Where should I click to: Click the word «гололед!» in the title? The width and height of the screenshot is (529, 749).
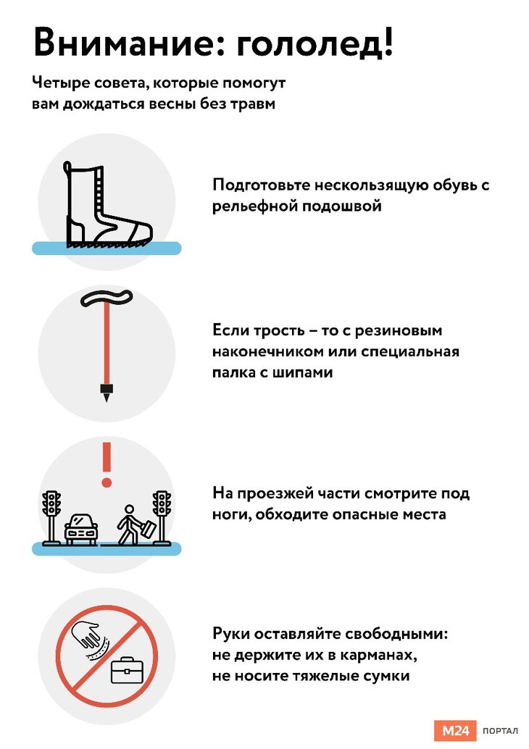tap(315, 43)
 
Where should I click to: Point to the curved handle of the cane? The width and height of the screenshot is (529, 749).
tap(106, 298)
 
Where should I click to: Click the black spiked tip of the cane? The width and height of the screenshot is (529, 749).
tap(107, 392)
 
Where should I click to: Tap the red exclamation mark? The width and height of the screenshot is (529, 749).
tap(107, 464)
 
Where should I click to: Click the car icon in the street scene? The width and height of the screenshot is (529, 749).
tap(80, 530)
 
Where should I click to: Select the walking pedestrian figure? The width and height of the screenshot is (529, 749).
tap(136, 524)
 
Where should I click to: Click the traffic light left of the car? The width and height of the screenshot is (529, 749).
tap(51, 517)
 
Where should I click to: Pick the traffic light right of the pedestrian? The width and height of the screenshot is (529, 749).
tap(162, 517)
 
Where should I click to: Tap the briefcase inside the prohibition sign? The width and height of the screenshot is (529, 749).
tap(127, 670)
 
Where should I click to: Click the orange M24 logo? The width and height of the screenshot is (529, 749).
tap(455, 730)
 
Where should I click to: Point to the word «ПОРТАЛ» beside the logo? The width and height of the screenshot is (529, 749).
tap(500, 731)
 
